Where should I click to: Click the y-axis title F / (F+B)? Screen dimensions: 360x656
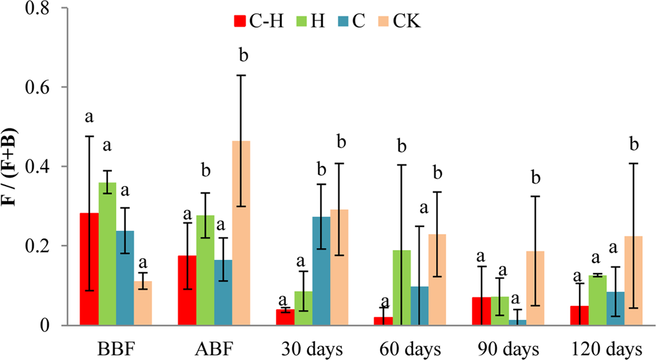pyautogui.click(x=13, y=166)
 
